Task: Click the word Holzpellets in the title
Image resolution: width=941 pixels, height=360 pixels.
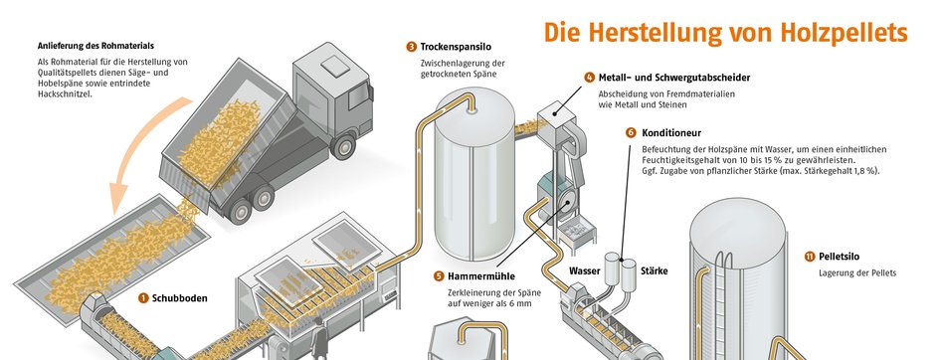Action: (x=844, y=32)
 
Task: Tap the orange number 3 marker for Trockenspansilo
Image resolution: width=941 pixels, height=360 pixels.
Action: (x=411, y=46)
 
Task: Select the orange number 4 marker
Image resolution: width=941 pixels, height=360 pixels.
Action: (x=589, y=78)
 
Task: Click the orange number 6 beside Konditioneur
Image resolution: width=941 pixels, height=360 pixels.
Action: (x=631, y=132)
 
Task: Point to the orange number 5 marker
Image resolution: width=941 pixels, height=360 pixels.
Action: (x=439, y=276)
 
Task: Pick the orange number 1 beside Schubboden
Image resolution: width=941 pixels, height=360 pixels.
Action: (x=143, y=297)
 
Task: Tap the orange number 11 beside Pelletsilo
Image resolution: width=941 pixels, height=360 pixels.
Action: (x=810, y=257)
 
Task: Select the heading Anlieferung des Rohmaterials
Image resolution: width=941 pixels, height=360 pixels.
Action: (x=96, y=46)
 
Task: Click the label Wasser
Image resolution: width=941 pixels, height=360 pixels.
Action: (x=585, y=271)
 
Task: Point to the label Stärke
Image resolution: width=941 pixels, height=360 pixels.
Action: (x=655, y=271)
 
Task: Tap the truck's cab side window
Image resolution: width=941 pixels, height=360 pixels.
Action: (x=359, y=96)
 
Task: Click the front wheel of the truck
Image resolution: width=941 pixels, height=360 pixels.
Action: (x=343, y=146)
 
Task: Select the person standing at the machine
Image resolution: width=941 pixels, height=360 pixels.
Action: (x=318, y=338)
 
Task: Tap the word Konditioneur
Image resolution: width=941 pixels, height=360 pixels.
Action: (x=671, y=132)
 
